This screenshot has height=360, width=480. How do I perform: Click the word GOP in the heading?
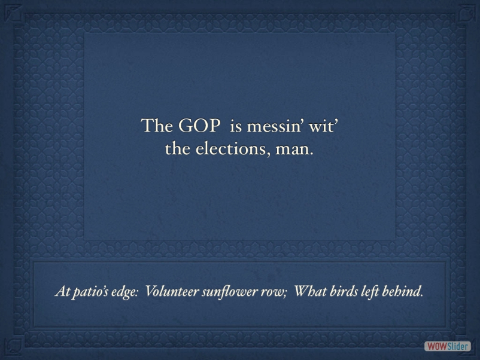click(x=199, y=125)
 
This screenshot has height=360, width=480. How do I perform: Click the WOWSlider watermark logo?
click(x=447, y=346)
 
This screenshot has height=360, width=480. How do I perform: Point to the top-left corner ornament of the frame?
click(x=14, y=14)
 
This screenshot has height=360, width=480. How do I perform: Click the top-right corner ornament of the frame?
click(x=466, y=14)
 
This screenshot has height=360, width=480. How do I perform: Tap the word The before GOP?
click(x=157, y=125)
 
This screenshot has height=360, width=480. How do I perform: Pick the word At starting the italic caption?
click(x=62, y=291)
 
